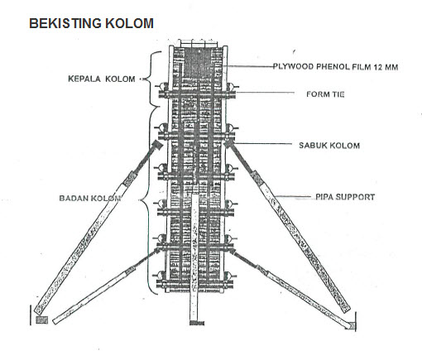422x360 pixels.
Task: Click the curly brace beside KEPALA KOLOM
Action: point(150,79)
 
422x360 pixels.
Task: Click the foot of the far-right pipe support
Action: point(351,324)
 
